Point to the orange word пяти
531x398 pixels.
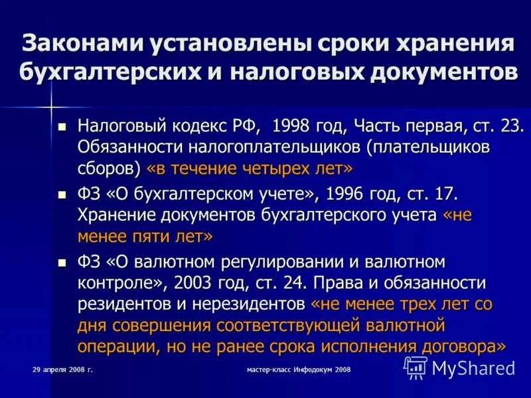point(159,237)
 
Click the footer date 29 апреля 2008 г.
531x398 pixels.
point(62,369)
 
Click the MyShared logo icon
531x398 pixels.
point(416,367)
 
